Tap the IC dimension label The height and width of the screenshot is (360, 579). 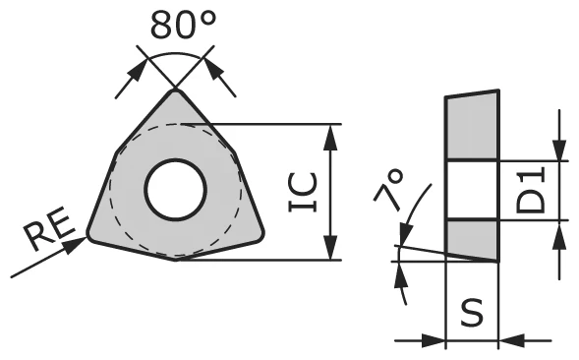pyautogui.click(x=303, y=192)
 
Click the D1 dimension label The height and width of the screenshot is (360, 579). pyautogui.click(x=532, y=190)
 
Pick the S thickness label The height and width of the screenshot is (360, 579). pyautogui.click(x=473, y=314)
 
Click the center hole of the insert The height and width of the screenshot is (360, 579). pyautogui.click(x=175, y=189)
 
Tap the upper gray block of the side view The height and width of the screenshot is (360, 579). pyautogui.click(x=473, y=127)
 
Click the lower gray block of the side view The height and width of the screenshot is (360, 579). pyautogui.click(x=471, y=237)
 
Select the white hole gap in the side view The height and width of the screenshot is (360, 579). pyautogui.click(x=473, y=190)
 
